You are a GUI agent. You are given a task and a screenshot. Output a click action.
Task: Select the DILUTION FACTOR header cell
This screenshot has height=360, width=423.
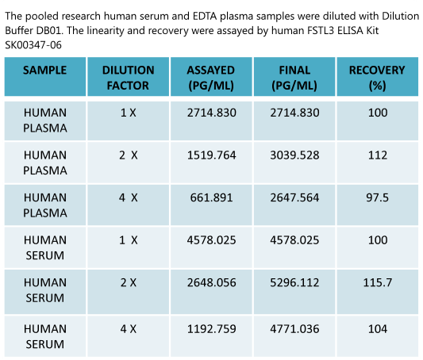click(129, 77)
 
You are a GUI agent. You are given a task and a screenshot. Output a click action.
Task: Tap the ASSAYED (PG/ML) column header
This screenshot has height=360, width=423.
click(212, 77)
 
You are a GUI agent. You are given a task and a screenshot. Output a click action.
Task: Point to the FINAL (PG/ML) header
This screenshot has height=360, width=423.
click(294, 77)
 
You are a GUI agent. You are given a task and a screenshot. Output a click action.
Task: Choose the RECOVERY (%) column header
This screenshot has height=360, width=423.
click(377, 77)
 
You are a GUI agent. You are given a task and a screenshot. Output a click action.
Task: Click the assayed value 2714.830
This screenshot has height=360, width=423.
click(212, 113)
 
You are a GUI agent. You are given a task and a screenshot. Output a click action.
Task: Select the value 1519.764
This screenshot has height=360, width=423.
click(212, 155)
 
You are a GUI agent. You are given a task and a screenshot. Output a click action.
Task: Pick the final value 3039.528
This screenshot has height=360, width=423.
click(294, 155)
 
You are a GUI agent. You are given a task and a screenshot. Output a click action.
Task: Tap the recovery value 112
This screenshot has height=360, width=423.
click(378, 155)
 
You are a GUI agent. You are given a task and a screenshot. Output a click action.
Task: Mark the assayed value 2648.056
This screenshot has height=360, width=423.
click(212, 282)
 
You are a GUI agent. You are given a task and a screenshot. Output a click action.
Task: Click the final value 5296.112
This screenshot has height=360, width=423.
click(294, 282)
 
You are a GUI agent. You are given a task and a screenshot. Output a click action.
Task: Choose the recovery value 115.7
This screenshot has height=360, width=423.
click(378, 282)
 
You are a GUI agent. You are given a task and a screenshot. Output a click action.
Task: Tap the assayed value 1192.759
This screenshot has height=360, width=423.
click(212, 327)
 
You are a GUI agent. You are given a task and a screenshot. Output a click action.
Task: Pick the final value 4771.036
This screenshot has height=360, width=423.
click(294, 327)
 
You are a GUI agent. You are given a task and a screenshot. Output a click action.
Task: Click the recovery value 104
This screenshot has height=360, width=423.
click(378, 327)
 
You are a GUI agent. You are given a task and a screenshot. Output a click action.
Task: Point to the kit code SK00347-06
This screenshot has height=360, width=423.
click(33, 44)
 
